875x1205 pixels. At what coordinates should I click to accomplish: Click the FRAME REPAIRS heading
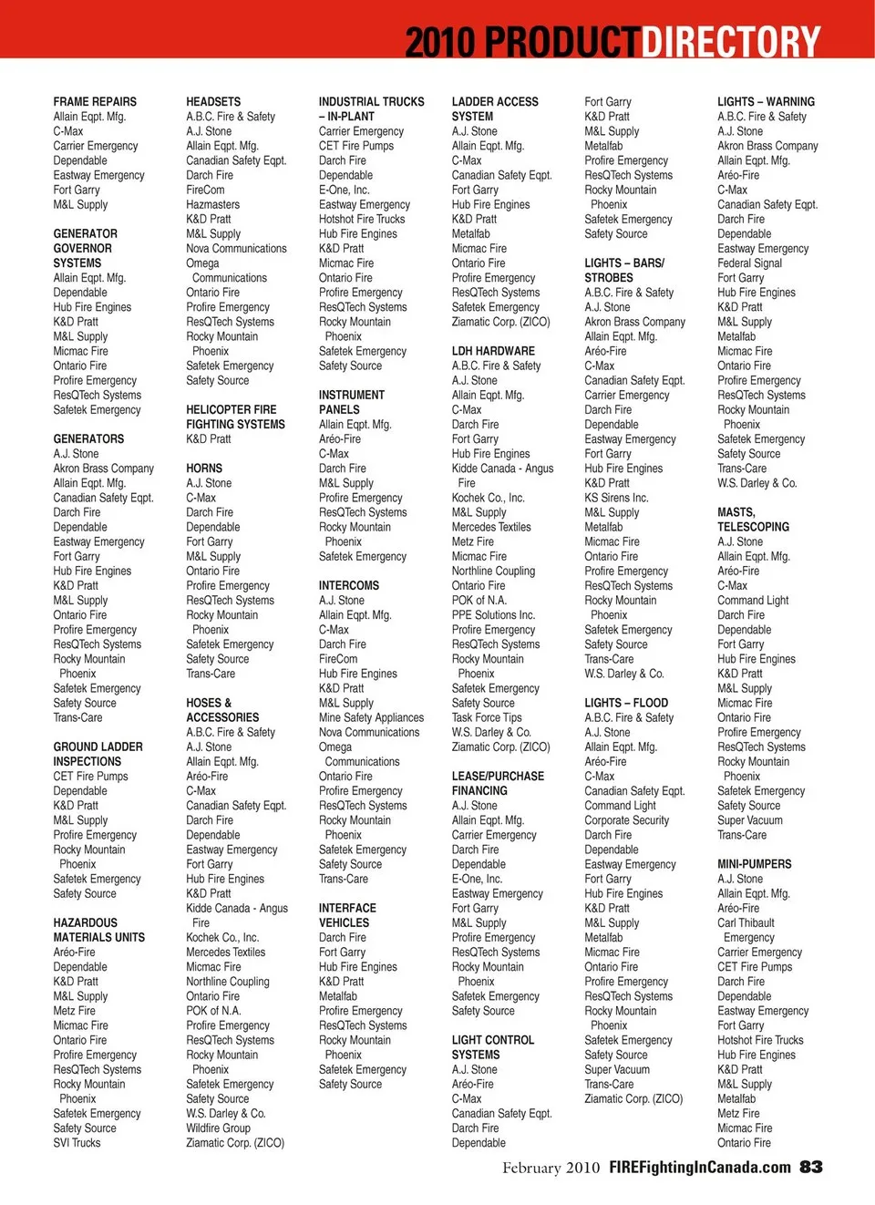[95, 102]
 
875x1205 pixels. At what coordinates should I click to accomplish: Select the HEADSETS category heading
[213, 102]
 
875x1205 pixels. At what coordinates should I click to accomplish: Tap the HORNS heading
[204, 469]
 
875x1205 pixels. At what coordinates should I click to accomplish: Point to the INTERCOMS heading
[349, 586]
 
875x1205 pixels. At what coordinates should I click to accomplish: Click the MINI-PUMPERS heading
[755, 864]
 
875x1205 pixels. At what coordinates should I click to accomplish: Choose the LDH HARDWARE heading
[493, 351]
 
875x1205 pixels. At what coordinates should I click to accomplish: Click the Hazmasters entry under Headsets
[213, 205]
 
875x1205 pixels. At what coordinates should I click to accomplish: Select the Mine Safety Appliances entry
[371, 718]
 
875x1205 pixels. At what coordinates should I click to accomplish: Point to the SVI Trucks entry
[77, 1143]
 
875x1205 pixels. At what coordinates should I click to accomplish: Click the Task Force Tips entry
[487, 718]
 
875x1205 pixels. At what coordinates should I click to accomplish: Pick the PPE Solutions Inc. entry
[493, 615]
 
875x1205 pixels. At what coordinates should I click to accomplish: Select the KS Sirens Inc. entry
[616, 499]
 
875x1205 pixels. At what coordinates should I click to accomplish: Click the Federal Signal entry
[749, 263]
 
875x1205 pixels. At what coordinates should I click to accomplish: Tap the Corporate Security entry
[626, 820]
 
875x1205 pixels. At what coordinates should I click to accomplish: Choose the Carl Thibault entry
[746, 923]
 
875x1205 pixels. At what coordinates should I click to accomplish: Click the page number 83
[811, 1168]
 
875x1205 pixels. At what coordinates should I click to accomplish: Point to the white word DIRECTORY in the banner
[731, 42]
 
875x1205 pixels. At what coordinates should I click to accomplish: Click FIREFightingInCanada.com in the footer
[700, 1168]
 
